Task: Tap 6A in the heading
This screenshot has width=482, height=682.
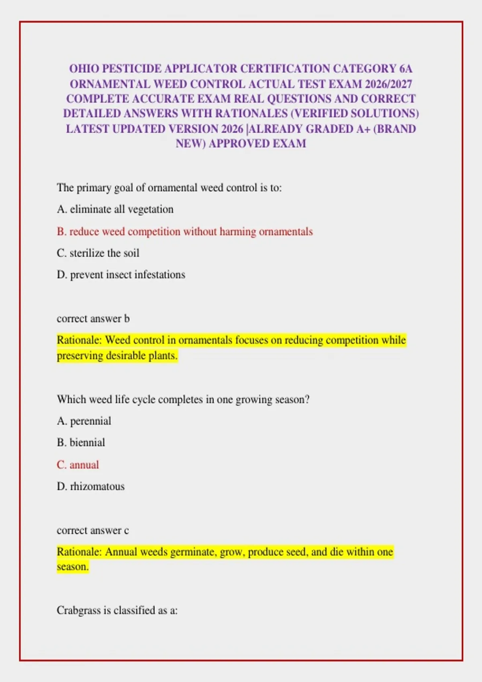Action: click(x=406, y=69)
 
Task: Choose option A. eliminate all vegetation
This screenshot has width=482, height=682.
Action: click(x=115, y=209)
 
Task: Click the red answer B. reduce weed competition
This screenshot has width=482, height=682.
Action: click(x=185, y=231)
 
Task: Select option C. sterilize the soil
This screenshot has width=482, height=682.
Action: click(x=98, y=253)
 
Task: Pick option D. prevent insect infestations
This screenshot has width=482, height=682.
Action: click(x=121, y=275)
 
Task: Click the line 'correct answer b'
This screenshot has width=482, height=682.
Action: click(x=93, y=319)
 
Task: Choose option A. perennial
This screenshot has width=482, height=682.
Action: click(x=84, y=421)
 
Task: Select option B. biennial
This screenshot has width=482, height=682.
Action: click(x=81, y=442)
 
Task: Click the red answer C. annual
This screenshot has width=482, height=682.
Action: click(x=78, y=465)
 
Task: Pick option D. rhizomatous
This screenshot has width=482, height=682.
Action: click(x=91, y=486)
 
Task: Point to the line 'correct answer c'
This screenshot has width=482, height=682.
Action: click(x=93, y=530)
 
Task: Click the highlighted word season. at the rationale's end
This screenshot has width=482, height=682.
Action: click(x=73, y=567)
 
